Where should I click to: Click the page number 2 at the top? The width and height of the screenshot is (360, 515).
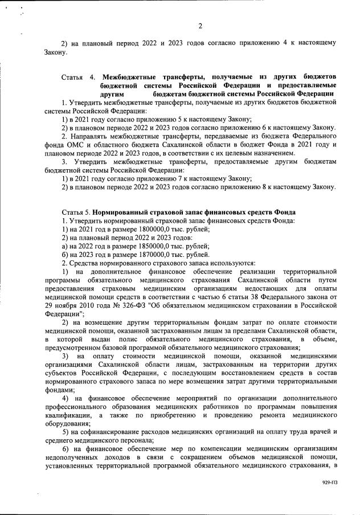pyautogui.click(x=200, y=25)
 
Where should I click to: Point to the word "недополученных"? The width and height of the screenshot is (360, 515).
pyautogui.click(x=73, y=457)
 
